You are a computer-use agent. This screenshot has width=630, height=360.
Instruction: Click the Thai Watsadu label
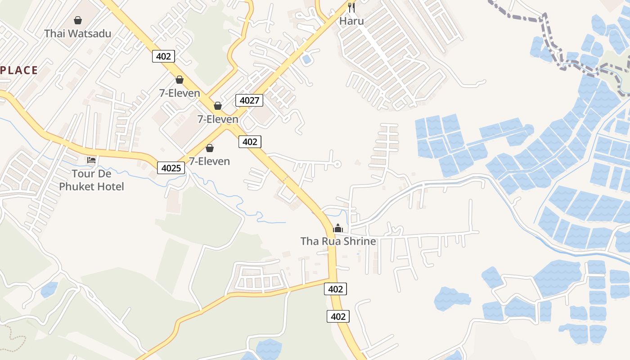click(x=78, y=33)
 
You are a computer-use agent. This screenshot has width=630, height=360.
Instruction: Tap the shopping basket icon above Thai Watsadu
click(x=78, y=20)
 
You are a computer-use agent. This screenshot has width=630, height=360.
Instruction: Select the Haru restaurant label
click(x=351, y=21)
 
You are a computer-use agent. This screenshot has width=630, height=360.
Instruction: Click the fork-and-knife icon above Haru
click(x=351, y=7)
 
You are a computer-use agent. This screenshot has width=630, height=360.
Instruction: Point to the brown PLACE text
click(x=19, y=70)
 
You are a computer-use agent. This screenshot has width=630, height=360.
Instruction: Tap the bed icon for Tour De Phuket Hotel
click(x=91, y=160)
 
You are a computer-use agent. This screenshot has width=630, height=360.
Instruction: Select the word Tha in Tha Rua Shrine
click(x=309, y=241)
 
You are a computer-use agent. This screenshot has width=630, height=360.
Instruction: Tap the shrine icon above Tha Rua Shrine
click(x=338, y=229)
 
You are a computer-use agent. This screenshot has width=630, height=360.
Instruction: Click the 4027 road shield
click(x=249, y=100)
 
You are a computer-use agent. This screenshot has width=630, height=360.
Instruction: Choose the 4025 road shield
click(x=171, y=168)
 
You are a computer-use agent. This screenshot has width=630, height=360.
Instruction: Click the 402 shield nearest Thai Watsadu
click(x=163, y=56)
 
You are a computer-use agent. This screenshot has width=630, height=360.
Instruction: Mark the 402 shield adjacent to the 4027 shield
click(x=250, y=142)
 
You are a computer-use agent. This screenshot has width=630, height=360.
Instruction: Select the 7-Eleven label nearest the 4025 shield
click(x=209, y=161)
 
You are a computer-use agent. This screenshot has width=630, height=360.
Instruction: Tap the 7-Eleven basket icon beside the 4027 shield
click(x=218, y=106)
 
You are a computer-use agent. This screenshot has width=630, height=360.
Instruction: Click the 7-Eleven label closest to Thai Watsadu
click(x=180, y=93)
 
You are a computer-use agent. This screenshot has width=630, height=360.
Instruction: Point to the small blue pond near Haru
click(x=307, y=59)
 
